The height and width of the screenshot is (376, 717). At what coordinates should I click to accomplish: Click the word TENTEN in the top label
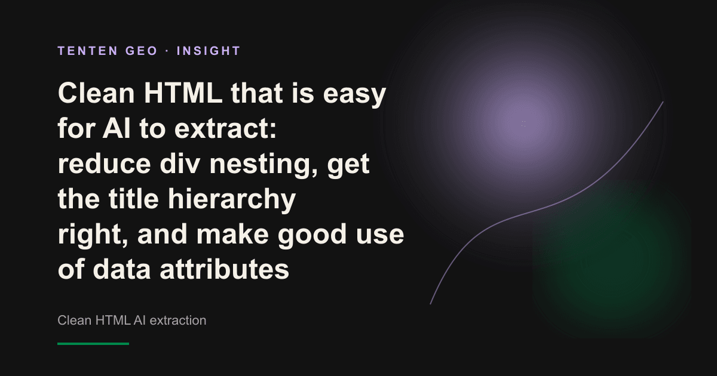pyautogui.click(x=88, y=51)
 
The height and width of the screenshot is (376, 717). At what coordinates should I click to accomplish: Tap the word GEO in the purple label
pyautogui.click(x=142, y=51)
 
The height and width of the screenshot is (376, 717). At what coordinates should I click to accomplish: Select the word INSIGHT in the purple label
pyautogui.click(x=209, y=51)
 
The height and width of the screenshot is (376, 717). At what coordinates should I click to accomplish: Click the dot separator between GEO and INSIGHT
pyautogui.click(x=167, y=51)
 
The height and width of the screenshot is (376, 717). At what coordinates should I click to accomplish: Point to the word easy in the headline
pyautogui.click(x=354, y=95)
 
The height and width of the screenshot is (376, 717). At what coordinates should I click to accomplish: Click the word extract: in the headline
pyautogui.click(x=225, y=128)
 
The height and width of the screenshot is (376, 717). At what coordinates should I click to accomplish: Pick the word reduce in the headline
pyautogui.click(x=105, y=164)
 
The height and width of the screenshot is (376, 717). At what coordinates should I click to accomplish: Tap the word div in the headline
pyautogui.click(x=180, y=164)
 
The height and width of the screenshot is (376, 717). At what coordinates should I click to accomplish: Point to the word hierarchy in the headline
pyautogui.click(x=232, y=200)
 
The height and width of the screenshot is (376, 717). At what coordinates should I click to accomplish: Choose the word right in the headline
pyautogui.click(x=91, y=235)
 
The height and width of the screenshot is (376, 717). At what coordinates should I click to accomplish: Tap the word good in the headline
pyautogui.click(x=312, y=235)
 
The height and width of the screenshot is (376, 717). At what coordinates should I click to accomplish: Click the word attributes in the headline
pyautogui.click(x=225, y=269)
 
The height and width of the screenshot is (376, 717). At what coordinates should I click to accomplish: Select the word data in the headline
pyautogui.click(x=122, y=269)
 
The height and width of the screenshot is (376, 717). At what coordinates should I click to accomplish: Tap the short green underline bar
pyautogui.click(x=93, y=344)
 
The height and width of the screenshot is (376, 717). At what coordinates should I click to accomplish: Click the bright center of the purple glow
pyautogui.click(x=523, y=123)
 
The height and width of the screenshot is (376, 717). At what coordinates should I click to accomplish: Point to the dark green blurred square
pyautogui.click(x=612, y=259)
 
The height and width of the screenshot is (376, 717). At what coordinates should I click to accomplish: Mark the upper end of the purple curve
pyautogui.click(x=663, y=102)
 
